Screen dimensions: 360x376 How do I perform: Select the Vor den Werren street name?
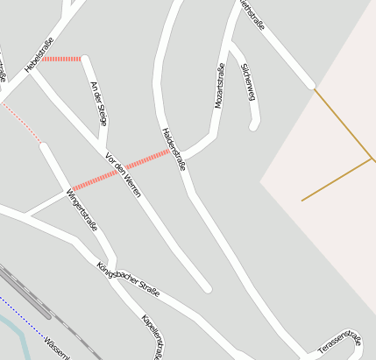pyautogui.click(x=123, y=173)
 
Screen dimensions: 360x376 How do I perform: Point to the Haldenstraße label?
pyautogui.click(x=174, y=148)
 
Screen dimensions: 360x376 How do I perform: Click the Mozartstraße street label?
pyautogui.click(x=220, y=85)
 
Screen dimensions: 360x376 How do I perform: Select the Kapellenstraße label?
pyautogui.click(x=153, y=336)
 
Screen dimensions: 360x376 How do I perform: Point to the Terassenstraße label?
pyautogui.click(x=339, y=341)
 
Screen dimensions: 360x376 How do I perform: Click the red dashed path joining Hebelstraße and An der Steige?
pyautogui.click(x=61, y=59)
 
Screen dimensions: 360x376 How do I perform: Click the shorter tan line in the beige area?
pyautogui.click(x=337, y=180)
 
